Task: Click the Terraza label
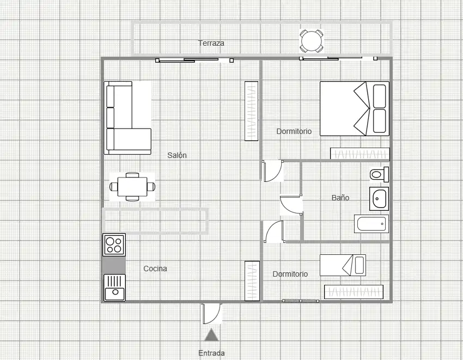coord(211,43)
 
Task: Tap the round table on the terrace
coord(312,41)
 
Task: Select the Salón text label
coord(177,155)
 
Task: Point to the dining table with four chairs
coord(132,187)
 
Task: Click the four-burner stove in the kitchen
coord(114,245)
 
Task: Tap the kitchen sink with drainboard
coord(114,288)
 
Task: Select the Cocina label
coord(155,269)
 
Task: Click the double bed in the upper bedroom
coord(355,109)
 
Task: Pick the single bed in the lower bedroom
coord(343,265)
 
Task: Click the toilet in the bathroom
coord(380,174)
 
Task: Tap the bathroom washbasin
coord(379,198)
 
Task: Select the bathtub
coord(371,223)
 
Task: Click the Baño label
coord(340,198)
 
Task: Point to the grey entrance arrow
coord(211,334)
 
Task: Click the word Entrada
coord(211,353)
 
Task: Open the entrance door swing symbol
coord(211,313)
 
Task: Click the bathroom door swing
coord(291,205)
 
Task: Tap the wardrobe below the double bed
coord(360,154)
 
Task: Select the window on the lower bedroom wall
coord(300,301)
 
